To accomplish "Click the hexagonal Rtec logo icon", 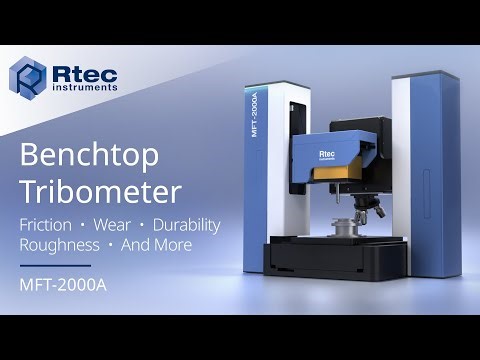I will [x=27, y=76].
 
